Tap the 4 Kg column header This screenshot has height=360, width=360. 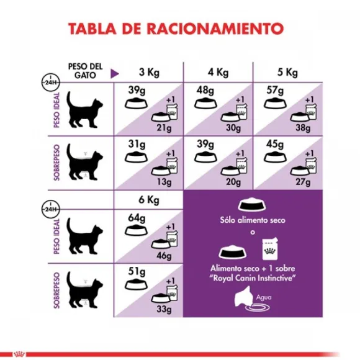point(218,72)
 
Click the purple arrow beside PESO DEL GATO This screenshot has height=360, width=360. point(114,73)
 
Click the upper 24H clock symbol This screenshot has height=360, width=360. point(48,81)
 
